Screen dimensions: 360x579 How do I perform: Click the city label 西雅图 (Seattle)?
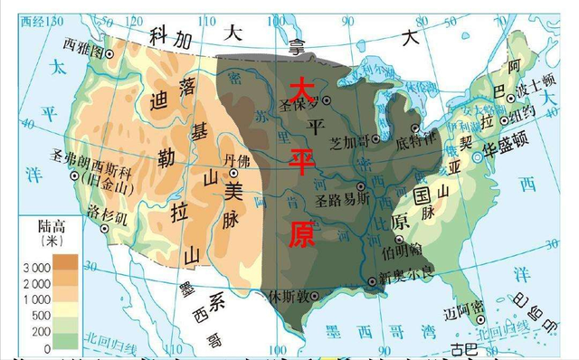pos(82,43)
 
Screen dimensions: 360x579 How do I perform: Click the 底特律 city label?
pos(413,142)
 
